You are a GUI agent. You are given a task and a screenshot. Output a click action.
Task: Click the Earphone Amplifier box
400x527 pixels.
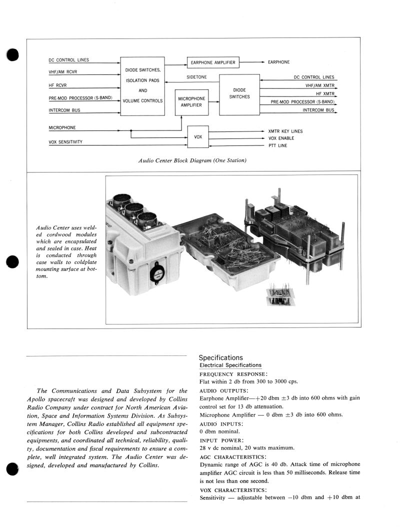coord(213,62)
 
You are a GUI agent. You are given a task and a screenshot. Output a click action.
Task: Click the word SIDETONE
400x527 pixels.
coord(196,77)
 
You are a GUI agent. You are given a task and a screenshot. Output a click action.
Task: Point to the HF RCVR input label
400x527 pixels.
coord(57,85)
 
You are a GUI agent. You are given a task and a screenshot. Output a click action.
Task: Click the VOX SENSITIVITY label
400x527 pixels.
coord(65,142)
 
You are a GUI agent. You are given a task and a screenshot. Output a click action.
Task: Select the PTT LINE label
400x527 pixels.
coord(277,145)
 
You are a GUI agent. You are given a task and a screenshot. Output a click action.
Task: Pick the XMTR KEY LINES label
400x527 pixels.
coord(285,131)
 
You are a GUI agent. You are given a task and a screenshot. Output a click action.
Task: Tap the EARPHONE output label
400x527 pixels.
coord(278,62)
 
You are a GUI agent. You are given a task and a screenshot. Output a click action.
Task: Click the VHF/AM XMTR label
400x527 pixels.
coord(320,85)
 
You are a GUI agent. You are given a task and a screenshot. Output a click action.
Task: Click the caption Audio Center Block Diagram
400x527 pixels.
coord(192,160)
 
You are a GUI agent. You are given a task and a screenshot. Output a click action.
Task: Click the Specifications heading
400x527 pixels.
coord(220,357)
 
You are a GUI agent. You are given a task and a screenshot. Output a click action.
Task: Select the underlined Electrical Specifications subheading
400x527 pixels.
coord(230,365)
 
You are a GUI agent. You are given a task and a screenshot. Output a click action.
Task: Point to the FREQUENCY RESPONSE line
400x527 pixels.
coord(233,374)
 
